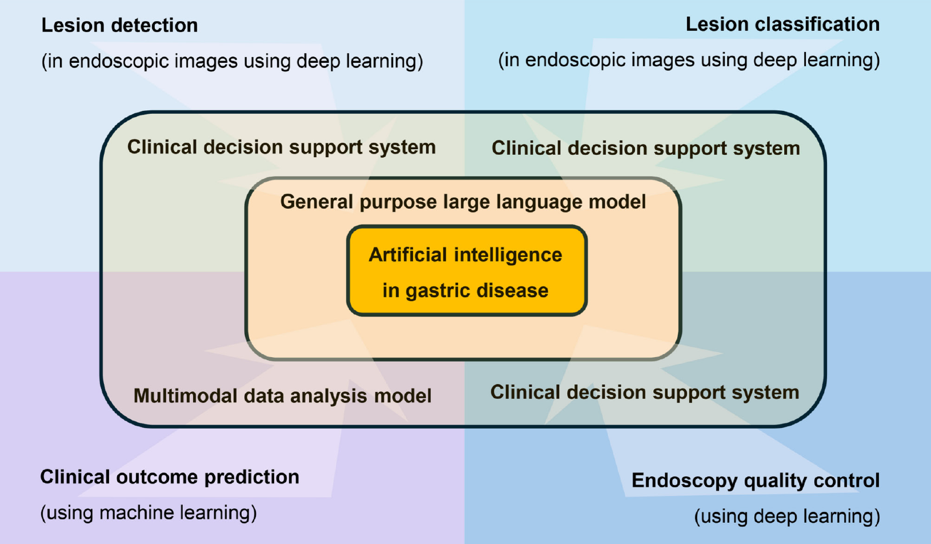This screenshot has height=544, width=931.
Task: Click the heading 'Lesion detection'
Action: click(119, 25)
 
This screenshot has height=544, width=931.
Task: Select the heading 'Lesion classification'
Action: click(782, 25)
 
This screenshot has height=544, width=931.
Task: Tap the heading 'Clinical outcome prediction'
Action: click(170, 477)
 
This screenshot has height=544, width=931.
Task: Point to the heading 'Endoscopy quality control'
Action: click(756, 481)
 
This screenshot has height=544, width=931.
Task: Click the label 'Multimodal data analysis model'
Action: click(282, 395)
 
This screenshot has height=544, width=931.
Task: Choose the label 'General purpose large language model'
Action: click(463, 202)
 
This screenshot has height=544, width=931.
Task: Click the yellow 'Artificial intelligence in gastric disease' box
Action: click(466, 271)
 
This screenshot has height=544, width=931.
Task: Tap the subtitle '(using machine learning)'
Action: click(149, 513)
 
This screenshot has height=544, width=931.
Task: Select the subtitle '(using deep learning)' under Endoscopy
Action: click(787, 517)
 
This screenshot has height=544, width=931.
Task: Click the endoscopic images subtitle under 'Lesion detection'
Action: click(232, 61)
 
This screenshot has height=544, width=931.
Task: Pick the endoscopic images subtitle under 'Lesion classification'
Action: click(689, 60)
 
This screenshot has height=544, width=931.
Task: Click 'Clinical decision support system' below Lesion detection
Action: click(281, 147)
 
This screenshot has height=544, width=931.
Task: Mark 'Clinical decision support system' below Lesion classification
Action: click(646, 149)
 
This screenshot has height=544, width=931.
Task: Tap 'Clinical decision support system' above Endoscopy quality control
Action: click(645, 393)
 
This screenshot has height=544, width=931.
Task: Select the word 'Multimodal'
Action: click(186, 395)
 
